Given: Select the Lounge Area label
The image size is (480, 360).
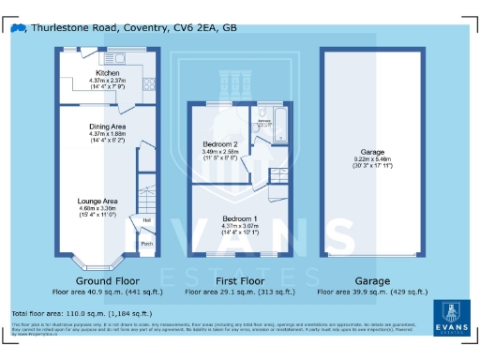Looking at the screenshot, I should pos(97,201).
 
